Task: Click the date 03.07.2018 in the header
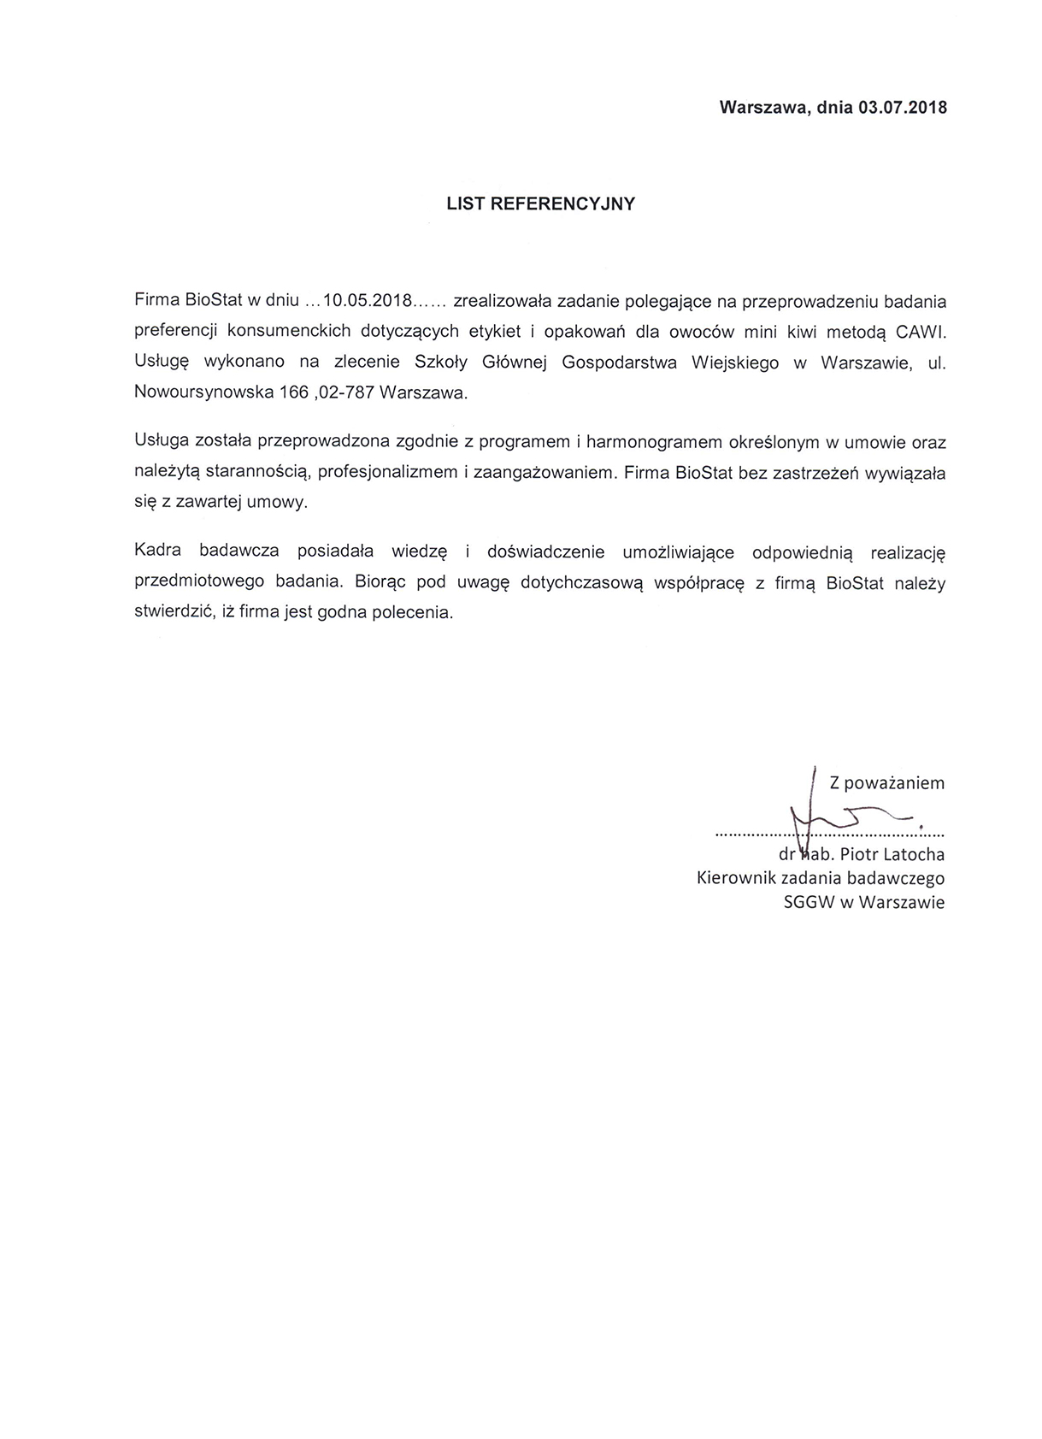[x=903, y=108]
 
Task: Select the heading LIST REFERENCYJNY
[x=541, y=203]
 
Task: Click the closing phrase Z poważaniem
[x=886, y=782]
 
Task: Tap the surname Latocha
[x=915, y=854]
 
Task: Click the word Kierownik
[x=737, y=878]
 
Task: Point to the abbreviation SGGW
[x=809, y=902]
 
